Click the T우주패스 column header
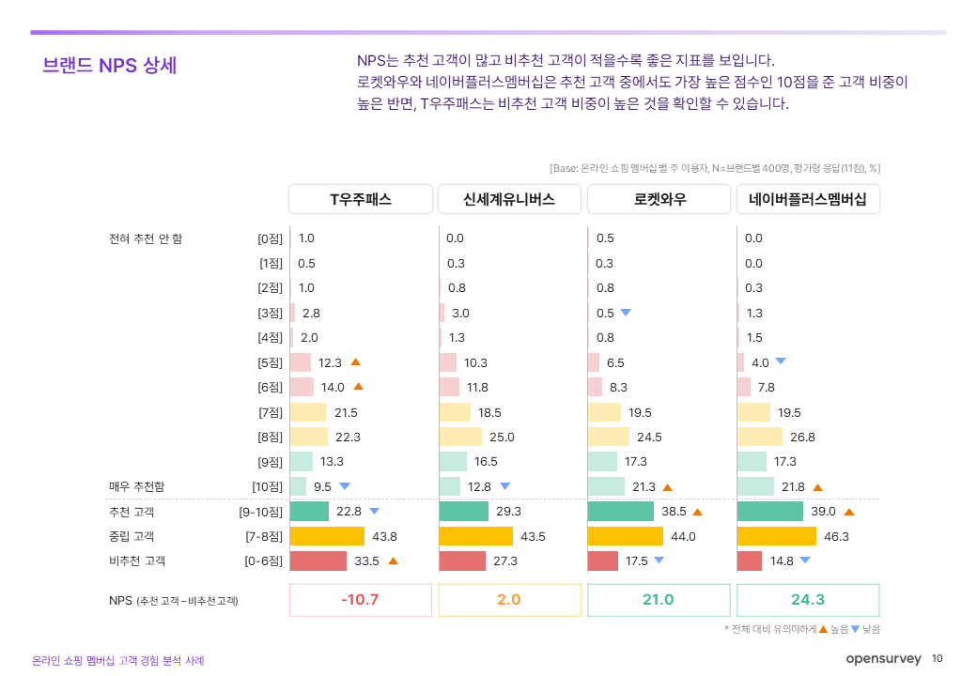tap(361, 199)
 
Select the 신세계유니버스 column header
tap(509, 199)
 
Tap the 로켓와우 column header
tap(659, 199)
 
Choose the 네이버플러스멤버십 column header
tap(808, 199)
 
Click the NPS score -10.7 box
tap(361, 600)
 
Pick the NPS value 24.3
tap(808, 600)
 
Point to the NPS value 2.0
tap(509, 600)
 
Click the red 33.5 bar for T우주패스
tap(318, 561)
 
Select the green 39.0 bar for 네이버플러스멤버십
tap(770, 512)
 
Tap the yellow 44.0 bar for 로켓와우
tap(626, 536)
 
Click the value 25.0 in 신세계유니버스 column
tap(503, 437)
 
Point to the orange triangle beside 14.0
tap(358, 386)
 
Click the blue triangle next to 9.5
tap(345, 486)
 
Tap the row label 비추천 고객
tap(137, 561)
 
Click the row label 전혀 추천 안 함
tap(146, 238)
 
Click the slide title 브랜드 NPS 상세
tap(110, 66)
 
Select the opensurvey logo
tap(883, 659)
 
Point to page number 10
tap(938, 659)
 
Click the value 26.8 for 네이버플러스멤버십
tap(801, 437)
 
